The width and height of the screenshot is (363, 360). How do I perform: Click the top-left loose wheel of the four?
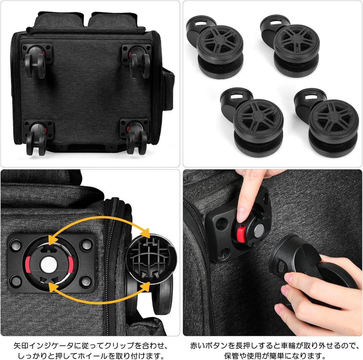click(x=220, y=52)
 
